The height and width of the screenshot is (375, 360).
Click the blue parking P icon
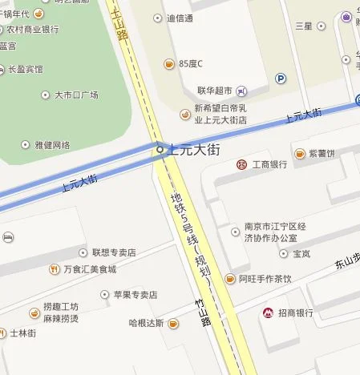tap(281, 79)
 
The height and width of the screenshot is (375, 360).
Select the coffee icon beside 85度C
tap(169, 63)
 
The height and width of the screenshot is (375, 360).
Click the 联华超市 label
tap(217, 89)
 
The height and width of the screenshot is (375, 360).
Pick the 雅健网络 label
tap(52, 145)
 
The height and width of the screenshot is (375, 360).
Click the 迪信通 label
tap(180, 18)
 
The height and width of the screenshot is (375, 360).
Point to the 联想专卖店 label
tap(113, 252)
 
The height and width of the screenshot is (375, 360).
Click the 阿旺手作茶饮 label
tap(265, 279)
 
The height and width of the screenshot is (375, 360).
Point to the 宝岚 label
tap(301, 254)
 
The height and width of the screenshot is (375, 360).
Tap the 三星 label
tap(303, 26)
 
